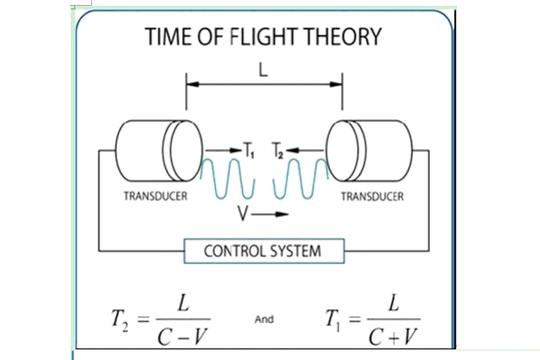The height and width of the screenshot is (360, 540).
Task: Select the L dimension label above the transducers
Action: point(263,71)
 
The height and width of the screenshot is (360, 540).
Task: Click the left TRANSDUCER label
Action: point(155,196)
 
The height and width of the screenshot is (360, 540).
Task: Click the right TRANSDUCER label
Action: point(372,196)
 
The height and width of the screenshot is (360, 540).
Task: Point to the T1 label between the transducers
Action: point(249,150)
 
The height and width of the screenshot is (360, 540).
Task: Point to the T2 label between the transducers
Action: point(278,150)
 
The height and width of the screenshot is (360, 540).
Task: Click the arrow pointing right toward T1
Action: point(224,150)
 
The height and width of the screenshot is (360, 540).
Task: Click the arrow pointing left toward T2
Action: point(304,150)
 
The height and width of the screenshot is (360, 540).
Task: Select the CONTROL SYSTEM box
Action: point(264,252)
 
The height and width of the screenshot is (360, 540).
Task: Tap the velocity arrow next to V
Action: point(270,215)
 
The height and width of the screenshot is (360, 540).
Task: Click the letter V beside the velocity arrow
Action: point(242,213)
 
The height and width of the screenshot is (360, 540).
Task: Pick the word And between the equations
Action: point(264,320)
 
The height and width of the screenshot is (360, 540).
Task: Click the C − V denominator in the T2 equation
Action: point(182,336)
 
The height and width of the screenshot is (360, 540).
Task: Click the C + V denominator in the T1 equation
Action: point(393,336)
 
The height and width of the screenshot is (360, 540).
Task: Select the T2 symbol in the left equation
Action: point(120,319)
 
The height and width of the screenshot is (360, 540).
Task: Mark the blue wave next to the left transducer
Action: point(228,178)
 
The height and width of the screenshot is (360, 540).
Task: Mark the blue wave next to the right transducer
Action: point(301,178)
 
